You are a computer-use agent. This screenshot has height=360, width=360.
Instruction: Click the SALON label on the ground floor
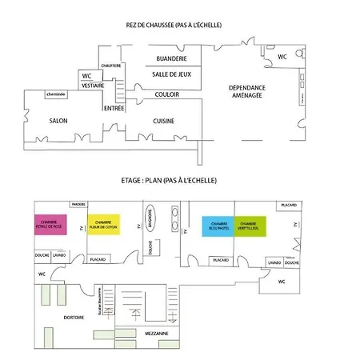click(58, 121)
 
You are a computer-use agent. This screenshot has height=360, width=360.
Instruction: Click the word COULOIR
click(167, 94)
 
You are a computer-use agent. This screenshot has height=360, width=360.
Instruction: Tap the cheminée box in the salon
click(55, 94)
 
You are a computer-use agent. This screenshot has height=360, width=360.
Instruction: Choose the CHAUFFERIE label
click(111, 65)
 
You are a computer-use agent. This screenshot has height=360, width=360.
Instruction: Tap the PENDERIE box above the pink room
click(78, 204)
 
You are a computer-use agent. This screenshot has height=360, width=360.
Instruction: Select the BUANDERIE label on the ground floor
click(172, 58)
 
